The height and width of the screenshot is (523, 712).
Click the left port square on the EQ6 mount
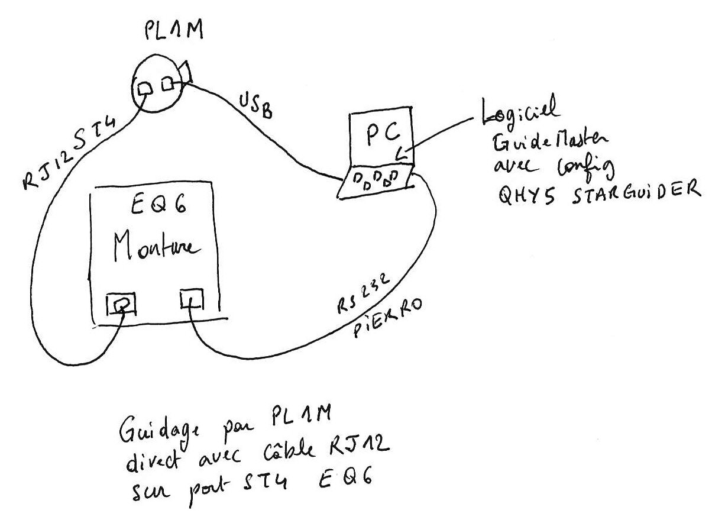(121, 304)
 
